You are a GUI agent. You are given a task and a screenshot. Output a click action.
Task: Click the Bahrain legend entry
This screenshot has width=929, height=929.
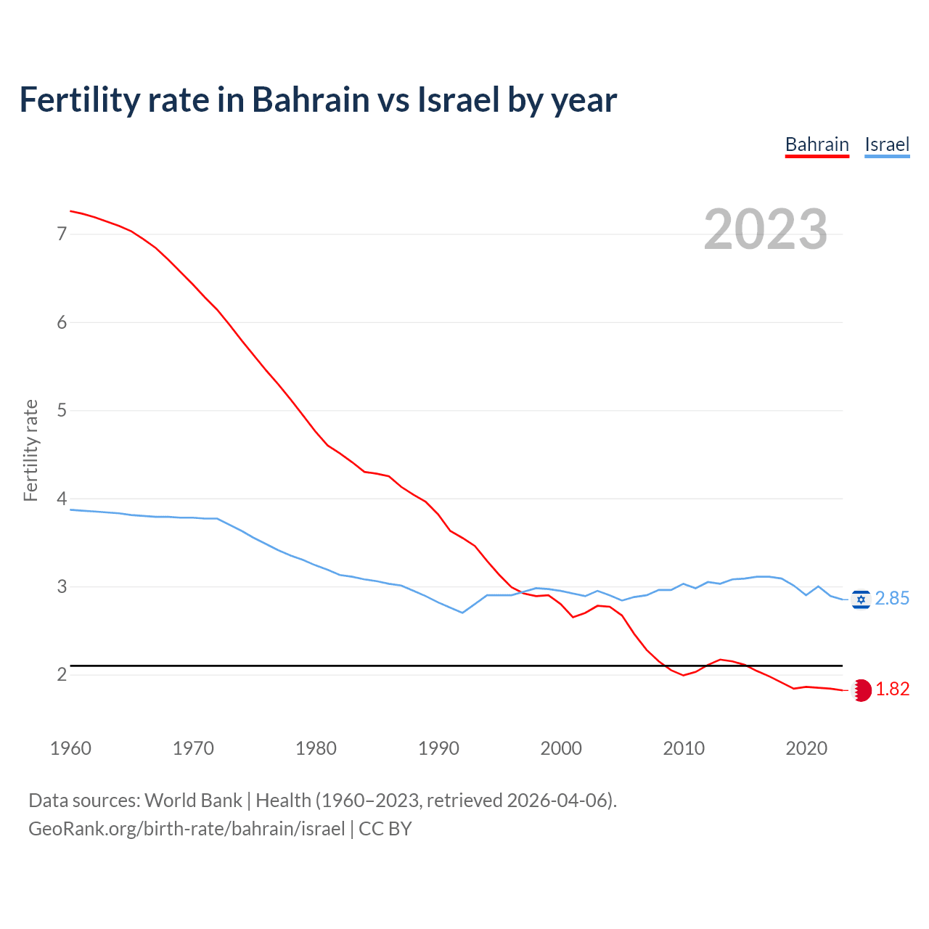click(817, 144)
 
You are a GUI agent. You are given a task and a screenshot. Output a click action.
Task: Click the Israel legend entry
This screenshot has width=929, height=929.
click(887, 144)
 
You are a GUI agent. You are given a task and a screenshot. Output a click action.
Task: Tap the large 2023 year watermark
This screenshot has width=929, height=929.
click(765, 229)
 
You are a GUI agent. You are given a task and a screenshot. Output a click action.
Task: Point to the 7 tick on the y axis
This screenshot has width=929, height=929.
click(62, 234)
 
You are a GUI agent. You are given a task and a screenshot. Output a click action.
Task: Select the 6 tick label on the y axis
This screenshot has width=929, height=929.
click(62, 322)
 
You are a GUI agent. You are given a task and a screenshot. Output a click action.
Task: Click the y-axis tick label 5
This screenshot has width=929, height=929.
click(62, 410)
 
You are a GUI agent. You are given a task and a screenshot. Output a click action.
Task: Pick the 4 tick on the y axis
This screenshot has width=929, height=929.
click(62, 499)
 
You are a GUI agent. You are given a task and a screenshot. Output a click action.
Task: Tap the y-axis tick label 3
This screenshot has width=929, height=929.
click(62, 586)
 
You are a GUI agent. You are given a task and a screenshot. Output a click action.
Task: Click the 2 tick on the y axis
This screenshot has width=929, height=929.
click(62, 675)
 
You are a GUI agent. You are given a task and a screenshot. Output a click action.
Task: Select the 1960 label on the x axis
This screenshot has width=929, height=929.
click(70, 748)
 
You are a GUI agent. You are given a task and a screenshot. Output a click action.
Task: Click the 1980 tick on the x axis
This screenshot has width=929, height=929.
click(316, 748)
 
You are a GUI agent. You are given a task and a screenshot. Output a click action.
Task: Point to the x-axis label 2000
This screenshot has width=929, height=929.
click(561, 748)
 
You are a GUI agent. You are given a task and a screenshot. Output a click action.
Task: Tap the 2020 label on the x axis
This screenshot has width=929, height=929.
click(806, 748)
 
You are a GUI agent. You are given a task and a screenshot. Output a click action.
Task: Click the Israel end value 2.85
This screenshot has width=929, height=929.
click(892, 599)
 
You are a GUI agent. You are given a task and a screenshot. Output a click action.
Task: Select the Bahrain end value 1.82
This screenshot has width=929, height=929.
click(892, 689)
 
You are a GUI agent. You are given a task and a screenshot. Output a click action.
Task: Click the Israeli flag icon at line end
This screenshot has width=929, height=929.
click(861, 599)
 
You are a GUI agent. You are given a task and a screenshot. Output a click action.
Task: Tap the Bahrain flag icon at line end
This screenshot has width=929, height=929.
click(861, 690)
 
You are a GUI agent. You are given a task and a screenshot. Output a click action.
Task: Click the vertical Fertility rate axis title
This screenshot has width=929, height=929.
click(30, 450)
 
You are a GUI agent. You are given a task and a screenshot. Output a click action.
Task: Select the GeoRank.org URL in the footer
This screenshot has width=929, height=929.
click(187, 829)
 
